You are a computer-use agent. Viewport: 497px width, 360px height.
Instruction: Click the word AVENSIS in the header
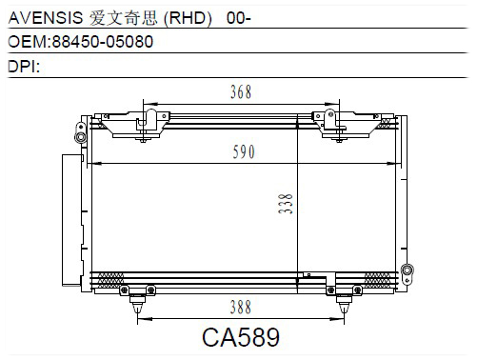coord(46,17)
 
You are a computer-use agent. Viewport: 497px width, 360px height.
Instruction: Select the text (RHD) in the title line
coord(188,18)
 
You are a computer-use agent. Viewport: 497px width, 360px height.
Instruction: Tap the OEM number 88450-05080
coord(103,42)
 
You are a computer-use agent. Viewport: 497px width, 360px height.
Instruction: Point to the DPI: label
coord(24,67)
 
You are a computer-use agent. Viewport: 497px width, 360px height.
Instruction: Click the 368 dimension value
coord(241,92)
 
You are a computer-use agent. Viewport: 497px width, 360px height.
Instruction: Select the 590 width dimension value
coord(244,151)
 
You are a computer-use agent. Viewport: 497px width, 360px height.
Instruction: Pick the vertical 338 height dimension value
coord(286,204)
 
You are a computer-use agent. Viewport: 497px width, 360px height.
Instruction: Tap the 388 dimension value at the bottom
coord(241,308)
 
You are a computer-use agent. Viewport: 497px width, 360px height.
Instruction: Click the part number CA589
coord(241,337)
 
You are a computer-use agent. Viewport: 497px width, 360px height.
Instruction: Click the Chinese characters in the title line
coord(123,18)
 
